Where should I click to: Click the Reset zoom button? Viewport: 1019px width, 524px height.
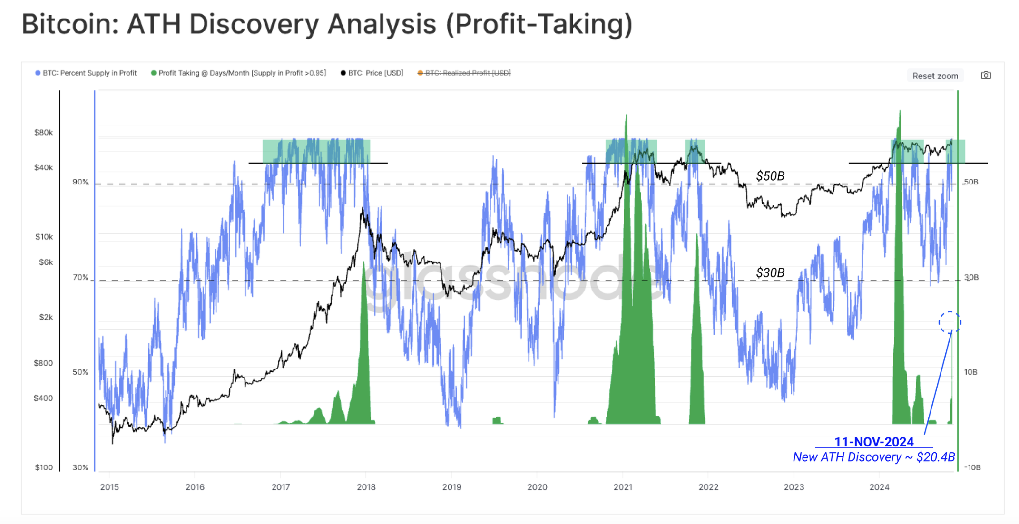[935, 76]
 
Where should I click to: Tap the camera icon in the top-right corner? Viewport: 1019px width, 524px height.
[986, 75]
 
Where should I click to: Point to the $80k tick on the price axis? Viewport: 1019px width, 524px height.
[43, 132]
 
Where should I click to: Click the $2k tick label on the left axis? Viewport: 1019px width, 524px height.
[46, 317]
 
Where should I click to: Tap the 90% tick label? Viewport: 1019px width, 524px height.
[80, 182]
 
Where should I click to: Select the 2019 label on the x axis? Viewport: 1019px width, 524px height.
[451, 487]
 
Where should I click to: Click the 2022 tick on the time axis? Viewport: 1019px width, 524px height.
[708, 487]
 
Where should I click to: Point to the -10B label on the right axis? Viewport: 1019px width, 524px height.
[972, 467]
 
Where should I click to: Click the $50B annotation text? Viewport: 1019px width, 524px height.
[770, 176]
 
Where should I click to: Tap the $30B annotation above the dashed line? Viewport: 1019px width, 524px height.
[770, 272]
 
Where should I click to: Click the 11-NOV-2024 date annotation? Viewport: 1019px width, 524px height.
[873, 442]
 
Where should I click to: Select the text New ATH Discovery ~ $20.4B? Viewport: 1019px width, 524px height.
[873, 457]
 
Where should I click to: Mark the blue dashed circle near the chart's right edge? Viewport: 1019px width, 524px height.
[950, 323]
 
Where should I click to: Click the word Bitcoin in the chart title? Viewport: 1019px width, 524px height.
[70, 24]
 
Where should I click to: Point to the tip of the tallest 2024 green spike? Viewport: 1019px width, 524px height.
[900, 112]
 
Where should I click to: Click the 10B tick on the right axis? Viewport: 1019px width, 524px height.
[970, 372]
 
